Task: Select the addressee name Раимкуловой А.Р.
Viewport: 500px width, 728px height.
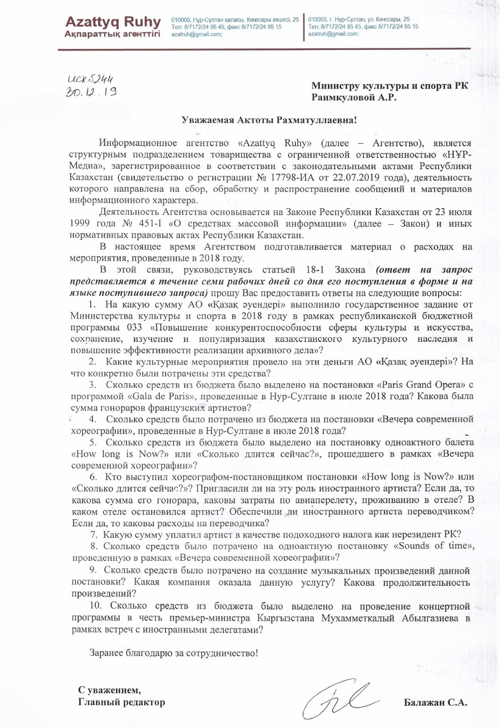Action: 353,97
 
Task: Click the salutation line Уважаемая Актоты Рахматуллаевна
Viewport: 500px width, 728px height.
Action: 250,119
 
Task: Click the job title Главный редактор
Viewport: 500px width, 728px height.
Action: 122,703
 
